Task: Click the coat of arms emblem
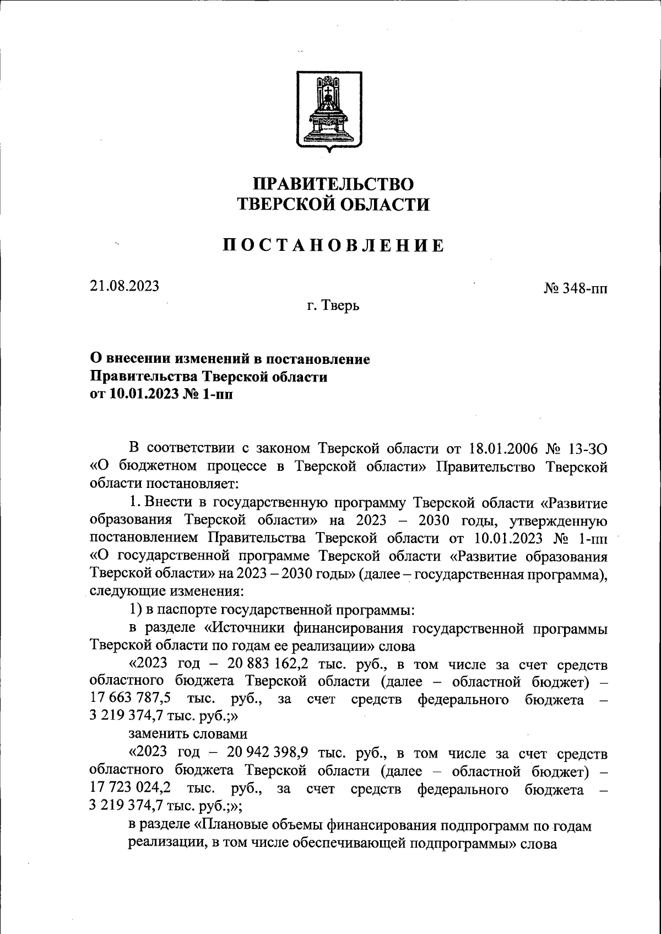point(329,110)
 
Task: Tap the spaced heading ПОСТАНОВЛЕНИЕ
point(333,245)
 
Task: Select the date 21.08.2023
point(124,286)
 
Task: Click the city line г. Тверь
point(333,304)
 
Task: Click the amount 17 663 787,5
point(129,700)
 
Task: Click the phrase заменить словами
point(188,735)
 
